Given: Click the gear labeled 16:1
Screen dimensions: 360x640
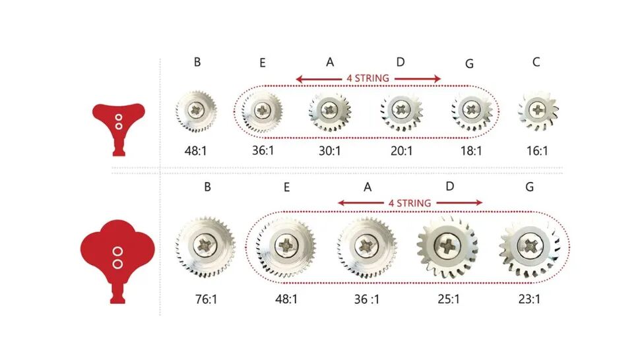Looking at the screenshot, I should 538,109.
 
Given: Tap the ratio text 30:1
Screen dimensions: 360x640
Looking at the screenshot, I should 330,151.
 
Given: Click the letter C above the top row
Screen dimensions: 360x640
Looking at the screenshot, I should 536,63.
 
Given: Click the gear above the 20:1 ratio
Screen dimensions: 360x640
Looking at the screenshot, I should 400,109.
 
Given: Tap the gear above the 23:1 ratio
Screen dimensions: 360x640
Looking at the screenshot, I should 530,249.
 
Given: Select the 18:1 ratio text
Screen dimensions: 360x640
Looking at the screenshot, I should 471,151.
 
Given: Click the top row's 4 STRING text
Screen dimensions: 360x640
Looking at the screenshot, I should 368,78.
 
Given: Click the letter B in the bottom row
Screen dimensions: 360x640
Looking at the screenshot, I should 207,187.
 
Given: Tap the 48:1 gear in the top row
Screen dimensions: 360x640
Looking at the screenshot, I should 196,109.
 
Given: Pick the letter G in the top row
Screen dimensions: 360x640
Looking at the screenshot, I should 469,64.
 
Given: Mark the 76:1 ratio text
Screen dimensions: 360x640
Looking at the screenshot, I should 205,299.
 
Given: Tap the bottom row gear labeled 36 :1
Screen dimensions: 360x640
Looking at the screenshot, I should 367,247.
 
